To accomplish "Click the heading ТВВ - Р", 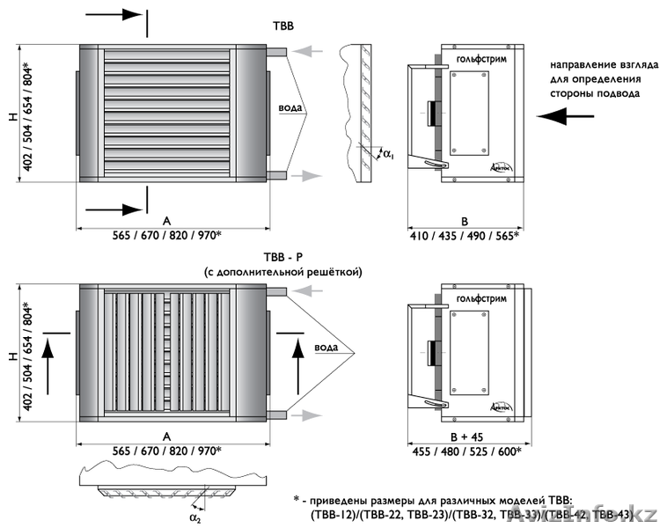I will tap(282, 257).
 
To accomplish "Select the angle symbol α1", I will tap(388, 155).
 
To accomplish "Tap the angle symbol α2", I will tap(194, 517).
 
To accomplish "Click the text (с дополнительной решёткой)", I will tap(282, 272).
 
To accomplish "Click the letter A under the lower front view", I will tap(166, 436).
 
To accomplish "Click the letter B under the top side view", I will tap(465, 220).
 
